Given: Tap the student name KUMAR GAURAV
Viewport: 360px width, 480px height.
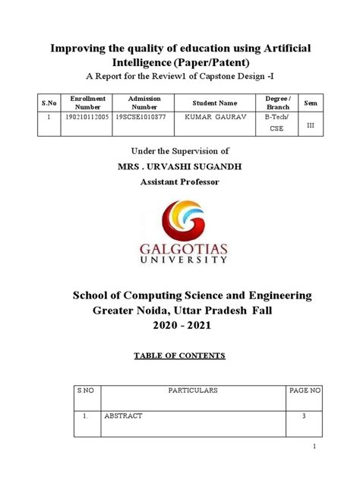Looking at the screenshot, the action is click(x=215, y=118).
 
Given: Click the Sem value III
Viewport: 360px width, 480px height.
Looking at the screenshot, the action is click(x=310, y=124).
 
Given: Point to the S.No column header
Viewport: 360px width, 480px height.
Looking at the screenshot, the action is click(x=49, y=102).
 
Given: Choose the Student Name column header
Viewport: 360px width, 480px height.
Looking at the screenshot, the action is click(x=215, y=103).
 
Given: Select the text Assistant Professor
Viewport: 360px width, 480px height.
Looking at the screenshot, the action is click(x=180, y=182).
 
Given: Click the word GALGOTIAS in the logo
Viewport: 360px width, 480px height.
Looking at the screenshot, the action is click(x=180, y=248).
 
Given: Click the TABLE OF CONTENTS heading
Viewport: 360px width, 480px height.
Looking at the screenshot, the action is click(x=180, y=355).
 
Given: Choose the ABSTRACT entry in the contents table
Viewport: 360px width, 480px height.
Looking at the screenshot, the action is click(x=123, y=416).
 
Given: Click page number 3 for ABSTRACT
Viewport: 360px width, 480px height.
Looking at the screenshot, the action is click(x=305, y=416).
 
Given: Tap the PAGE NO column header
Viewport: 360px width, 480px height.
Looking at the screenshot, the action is click(x=305, y=390).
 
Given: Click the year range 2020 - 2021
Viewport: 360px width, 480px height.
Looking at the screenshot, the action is click(x=180, y=325).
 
